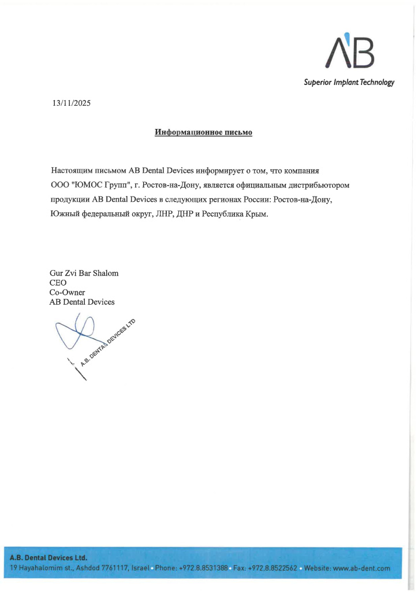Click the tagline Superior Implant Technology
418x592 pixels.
[x=349, y=83]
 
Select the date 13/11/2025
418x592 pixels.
[x=72, y=103]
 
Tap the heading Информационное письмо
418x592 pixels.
[x=203, y=133]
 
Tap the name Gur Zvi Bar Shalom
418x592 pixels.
[x=84, y=273]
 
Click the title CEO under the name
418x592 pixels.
[x=58, y=283]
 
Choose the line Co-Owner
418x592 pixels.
[x=67, y=293]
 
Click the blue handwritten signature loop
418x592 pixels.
[x=78, y=332]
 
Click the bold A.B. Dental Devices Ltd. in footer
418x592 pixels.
[x=48, y=558]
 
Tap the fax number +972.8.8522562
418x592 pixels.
[x=273, y=569]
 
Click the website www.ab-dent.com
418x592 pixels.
[x=362, y=569]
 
